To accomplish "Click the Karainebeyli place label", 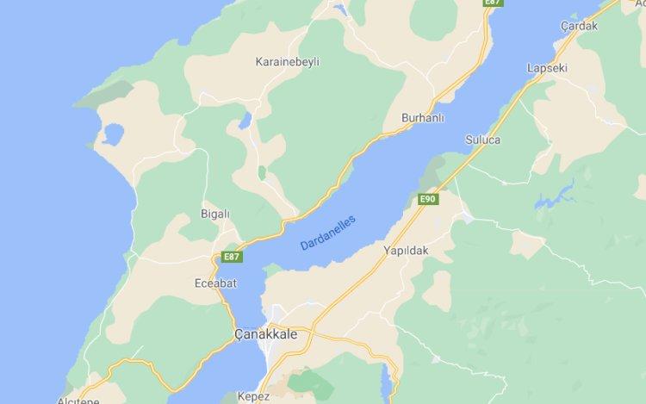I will tap(288, 62).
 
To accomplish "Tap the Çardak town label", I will tap(579, 25).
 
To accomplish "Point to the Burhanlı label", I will tap(422, 117).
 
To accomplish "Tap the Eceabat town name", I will tap(214, 282).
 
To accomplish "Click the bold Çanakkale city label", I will tap(264, 333).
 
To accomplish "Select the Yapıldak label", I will tap(406, 251).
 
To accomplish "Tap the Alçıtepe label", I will tap(78, 401).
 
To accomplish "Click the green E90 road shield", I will tap(428, 200).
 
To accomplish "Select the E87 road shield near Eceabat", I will tap(231, 257).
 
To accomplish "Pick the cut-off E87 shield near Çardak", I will tap(493, 3).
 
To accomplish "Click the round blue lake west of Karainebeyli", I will tap(110, 134).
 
